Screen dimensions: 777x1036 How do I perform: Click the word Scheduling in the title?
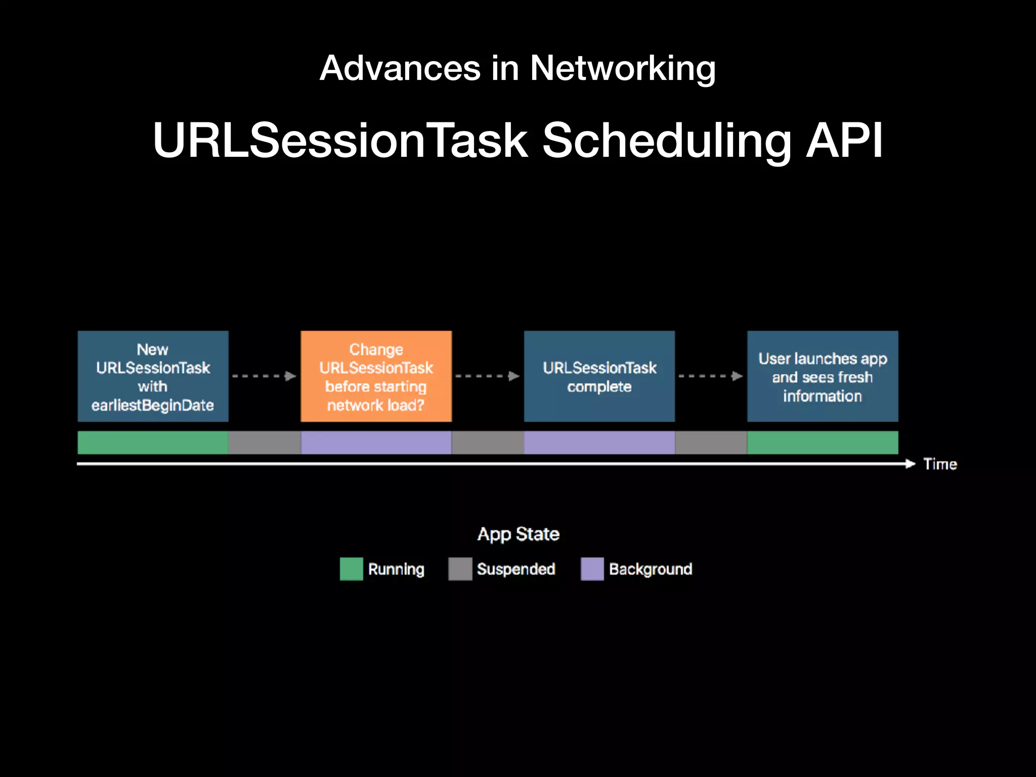[x=667, y=141]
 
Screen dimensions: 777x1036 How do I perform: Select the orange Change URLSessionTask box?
[x=376, y=376]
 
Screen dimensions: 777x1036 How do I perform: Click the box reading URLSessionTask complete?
[x=599, y=376]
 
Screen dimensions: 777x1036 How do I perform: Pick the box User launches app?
[x=823, y=376]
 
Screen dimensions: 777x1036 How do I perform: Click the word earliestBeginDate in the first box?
[x=152, y=405]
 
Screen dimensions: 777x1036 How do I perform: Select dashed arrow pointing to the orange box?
[x=264, y=376]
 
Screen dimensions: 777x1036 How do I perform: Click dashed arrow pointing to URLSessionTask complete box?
[x=487, y=376]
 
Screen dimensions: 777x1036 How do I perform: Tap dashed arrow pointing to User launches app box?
[x=710, y=376]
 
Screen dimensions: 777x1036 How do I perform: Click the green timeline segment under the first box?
[x=153, y=443]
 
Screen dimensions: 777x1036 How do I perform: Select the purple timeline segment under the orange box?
[x=376, y=443]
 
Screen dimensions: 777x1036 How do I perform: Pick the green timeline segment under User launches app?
[x=823, y=443]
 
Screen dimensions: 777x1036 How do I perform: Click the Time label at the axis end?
[x=940, y=464]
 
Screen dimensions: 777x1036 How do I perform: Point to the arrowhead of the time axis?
[x=911, y=463]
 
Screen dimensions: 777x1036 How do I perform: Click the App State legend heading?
[x=518, y=534]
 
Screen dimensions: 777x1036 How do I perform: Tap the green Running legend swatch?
[x=351, y=569]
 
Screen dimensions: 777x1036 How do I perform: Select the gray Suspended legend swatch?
[x=460, y=569]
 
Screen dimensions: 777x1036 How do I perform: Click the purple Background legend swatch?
[x=592, y=569]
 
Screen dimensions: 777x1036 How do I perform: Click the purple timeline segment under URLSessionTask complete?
[x=599, y=443]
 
